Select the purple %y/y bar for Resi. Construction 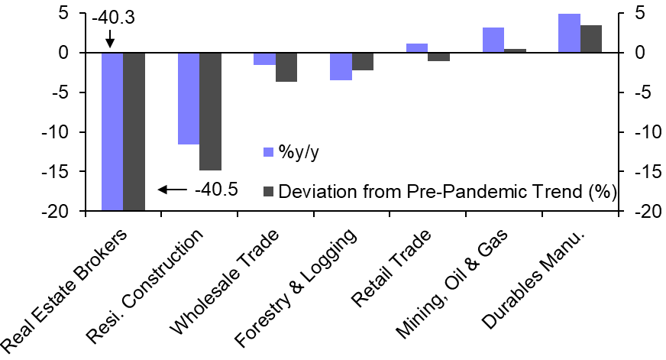click(x=188, y=99)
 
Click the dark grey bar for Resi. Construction click(x=210, y=112)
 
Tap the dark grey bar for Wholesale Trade click(x=286, y=67)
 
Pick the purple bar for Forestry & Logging click(x=341, y=66)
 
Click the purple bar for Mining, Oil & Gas click(x=493, y=41)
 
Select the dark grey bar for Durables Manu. click(x=591, y=39)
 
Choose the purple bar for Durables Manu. click(x=569, y=34)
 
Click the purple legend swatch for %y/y click(x=268, y=151)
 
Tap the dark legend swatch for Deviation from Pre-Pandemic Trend click(x=268, y=190)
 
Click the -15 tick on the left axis click(x=61, y=172)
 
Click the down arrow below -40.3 click(x=110, y=38)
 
